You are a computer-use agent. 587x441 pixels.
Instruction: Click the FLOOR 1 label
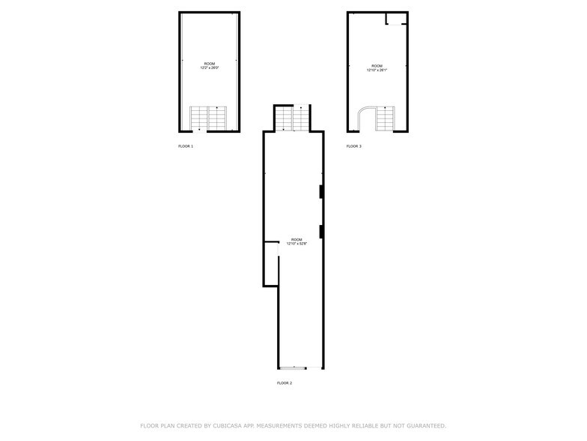(x=186, y=146)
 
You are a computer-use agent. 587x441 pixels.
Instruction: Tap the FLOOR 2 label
(x=285, y=383)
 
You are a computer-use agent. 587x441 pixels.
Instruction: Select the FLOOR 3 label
(x=354, y=146)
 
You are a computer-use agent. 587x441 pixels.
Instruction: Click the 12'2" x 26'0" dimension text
(x=209, y=68)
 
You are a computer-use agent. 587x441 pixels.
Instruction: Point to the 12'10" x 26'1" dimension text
(x=377, y=70)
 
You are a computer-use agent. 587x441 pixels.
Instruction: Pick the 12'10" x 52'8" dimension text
(x=296, y=244)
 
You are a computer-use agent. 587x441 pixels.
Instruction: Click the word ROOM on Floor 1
(x=209, y=64)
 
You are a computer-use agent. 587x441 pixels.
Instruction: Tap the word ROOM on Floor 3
(x=377, y=65)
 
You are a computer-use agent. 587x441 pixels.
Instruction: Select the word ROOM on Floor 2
(x=296, y=239)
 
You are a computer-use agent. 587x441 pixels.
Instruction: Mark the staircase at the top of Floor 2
(x=292, y=118)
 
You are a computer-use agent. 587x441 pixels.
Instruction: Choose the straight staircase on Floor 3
(x=385, y=118)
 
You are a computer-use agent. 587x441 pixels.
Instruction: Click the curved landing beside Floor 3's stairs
(x=366, y=118)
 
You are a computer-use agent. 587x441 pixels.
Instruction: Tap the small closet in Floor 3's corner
(x=395, y=19)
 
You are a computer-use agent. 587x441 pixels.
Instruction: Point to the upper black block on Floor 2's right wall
(x=321, y=192)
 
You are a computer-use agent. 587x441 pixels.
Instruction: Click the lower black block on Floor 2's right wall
(x=321, y=231)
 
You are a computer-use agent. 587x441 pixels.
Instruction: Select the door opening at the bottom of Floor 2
(x=293, y=367)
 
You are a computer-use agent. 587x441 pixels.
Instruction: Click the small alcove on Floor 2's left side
(x=271, y=264)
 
